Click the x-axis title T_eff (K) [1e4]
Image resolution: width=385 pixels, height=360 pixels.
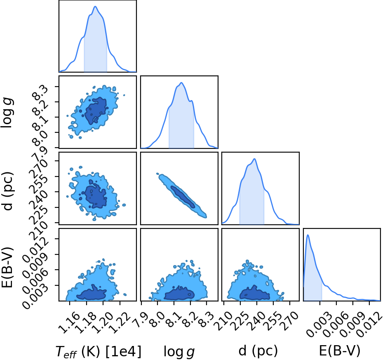tap(99, 351)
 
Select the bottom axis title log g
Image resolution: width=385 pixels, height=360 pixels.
tap(179, 352)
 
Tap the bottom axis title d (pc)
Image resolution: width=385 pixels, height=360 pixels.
tap(258, 351)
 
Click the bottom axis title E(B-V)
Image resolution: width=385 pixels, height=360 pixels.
tap(340, 351)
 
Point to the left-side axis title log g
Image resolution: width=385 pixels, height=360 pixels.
tap(7, 112)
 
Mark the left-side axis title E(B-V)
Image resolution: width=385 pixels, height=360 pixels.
tap(7, 268)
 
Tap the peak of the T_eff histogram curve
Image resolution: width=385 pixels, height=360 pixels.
tap(95, 6)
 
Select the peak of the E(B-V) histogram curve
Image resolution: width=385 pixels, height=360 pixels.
tap(308, 235)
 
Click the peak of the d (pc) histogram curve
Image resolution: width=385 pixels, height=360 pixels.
tap(255, 159)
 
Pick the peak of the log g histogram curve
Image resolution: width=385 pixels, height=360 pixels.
tap(181, 82)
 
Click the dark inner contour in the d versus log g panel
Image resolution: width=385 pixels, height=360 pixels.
tap(183, 197)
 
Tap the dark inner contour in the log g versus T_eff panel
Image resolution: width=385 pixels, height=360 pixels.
tap(96, 111)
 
